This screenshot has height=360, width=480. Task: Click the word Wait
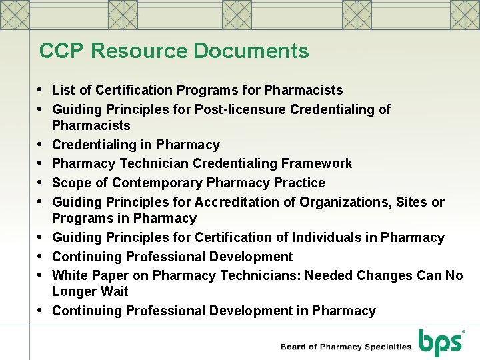(115, 292)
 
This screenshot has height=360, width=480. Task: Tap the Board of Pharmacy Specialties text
(346, 347)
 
